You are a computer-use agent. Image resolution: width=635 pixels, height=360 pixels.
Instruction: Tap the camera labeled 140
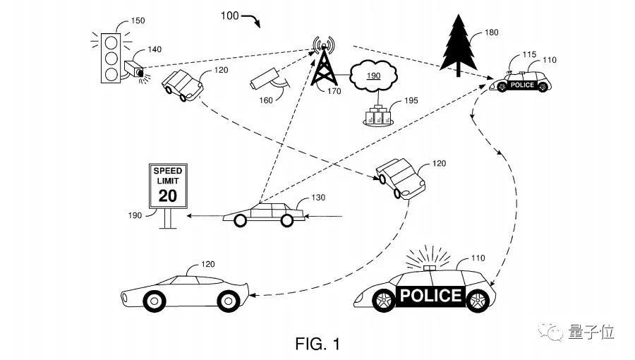(133, 69)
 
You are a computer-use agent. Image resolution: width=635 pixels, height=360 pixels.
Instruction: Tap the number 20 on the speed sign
(168, 195)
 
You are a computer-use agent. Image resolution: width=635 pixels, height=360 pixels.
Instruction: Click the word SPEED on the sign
(168, 171)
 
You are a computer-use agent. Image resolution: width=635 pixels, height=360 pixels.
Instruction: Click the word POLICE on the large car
(430, 295)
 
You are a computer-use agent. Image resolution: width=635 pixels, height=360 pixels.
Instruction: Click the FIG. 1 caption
(317, 344)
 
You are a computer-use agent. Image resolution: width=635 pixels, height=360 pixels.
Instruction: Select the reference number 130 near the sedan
(318, 198)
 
